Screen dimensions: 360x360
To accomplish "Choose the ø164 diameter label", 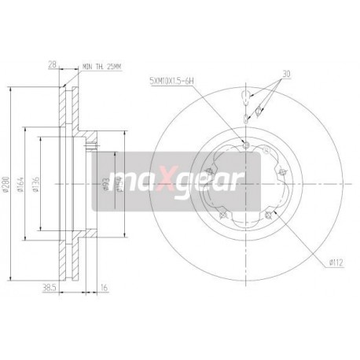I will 27,179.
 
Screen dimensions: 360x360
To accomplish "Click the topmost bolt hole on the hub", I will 247,144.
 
